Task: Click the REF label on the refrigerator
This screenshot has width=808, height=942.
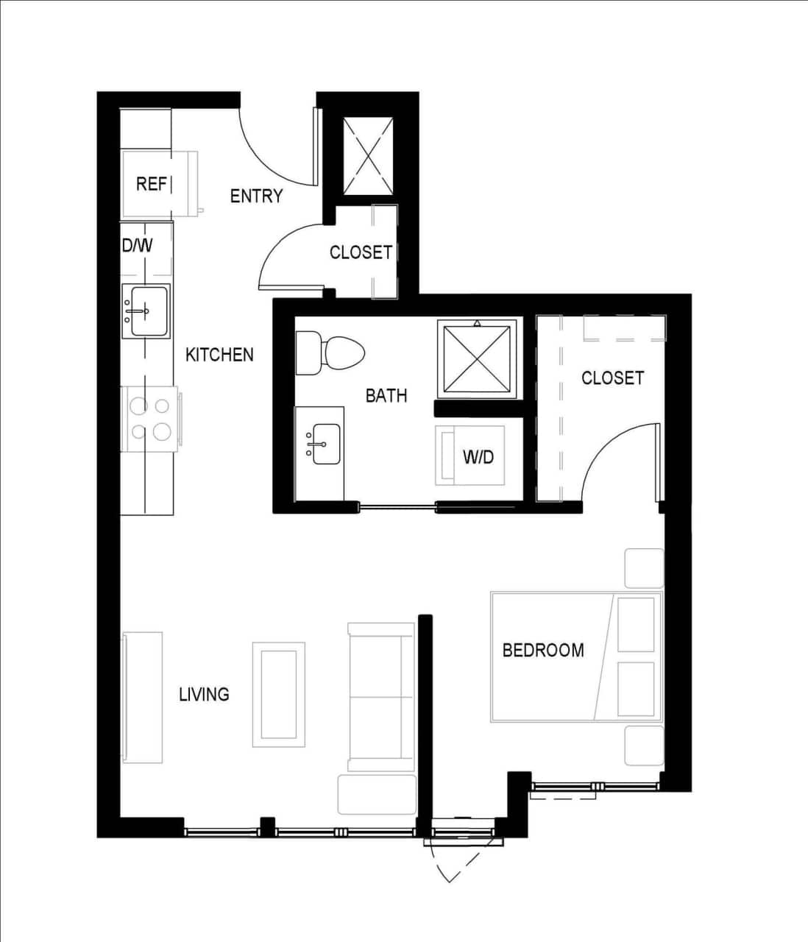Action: [152, 183]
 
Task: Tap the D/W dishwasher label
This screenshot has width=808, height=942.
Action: [138, 245]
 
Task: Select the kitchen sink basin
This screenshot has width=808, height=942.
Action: [146, 310]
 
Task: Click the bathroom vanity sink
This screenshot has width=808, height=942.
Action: [325, 444]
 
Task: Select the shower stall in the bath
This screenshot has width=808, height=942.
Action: [478, 358]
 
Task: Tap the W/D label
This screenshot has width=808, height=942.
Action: [478, 457]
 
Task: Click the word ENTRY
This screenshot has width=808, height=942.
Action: [256, 196]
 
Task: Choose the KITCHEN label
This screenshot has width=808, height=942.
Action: [219, 355]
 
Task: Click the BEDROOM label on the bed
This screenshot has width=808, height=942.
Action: [543, 650]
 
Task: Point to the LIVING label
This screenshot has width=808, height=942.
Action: [204, 694]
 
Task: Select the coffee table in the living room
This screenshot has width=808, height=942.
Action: [279, 694]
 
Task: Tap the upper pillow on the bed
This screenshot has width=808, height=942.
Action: [635, 624]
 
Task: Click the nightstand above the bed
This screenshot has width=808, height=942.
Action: [644, 567]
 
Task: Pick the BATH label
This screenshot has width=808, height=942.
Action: [386, 395]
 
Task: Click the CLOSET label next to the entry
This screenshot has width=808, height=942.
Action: [361, 252]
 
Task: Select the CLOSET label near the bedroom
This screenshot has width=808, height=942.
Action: [612, 378]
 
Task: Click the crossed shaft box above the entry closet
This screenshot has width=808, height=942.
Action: [368, 156]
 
